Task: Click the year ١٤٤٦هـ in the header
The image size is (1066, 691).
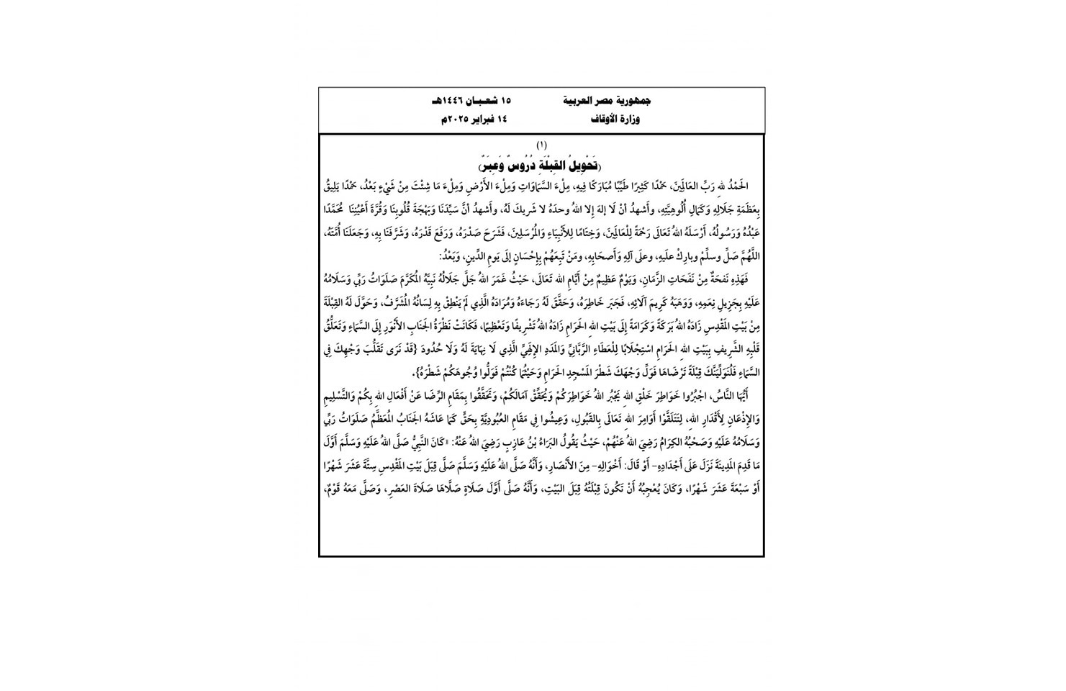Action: point(446,102)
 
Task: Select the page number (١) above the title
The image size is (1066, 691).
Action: point(541,146)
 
